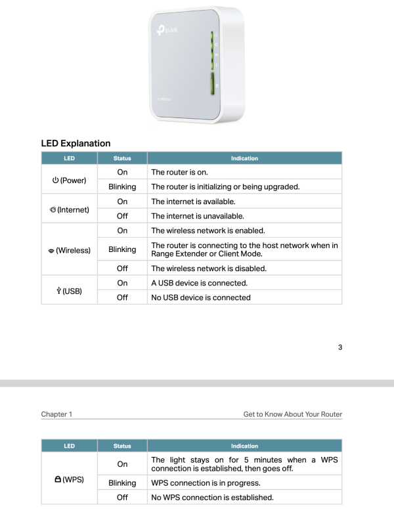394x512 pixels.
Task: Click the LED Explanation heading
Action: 76,143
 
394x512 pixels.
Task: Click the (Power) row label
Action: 69,179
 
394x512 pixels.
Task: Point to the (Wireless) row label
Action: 69,250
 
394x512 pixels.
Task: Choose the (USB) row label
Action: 69,290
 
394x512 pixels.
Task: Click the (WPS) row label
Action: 69,480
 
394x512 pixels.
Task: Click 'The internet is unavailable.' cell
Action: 197,216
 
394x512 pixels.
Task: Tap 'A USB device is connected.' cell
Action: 199,283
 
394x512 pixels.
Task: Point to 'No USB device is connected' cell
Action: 200,297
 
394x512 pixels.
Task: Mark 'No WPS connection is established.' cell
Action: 212,497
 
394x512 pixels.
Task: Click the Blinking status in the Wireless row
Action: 122,249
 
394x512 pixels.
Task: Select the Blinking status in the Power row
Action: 122,186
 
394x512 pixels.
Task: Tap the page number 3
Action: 339,347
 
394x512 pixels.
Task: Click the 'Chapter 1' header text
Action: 56,414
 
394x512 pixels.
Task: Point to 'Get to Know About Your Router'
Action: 292,414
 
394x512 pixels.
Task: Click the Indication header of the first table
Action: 244,158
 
